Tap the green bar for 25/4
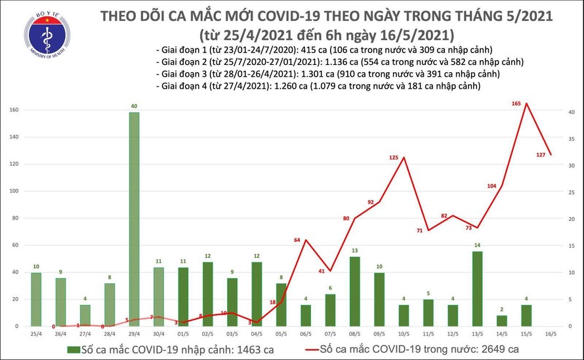35,299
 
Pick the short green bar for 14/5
502,320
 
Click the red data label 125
394,157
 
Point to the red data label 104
491,186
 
